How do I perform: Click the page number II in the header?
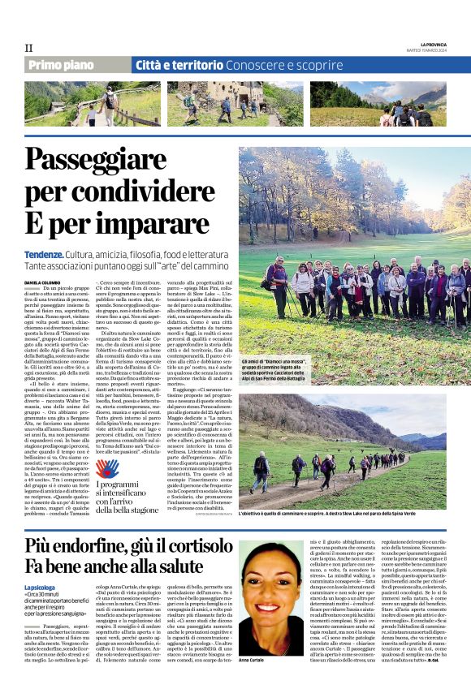point(28,49)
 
